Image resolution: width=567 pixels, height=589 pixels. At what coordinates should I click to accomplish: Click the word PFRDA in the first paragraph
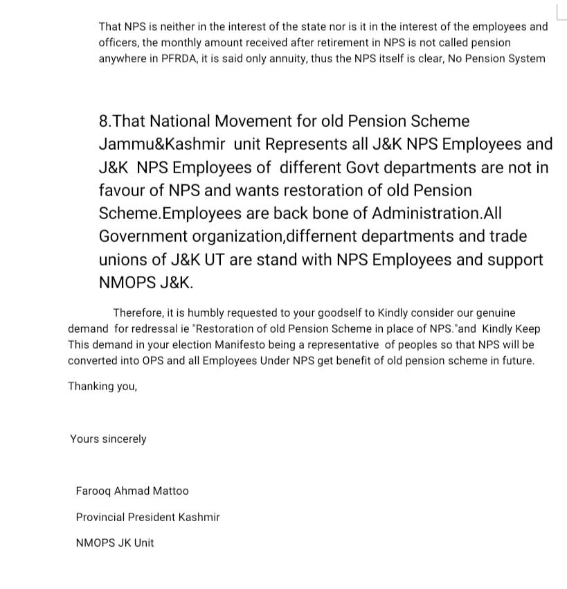(x=177, y=58)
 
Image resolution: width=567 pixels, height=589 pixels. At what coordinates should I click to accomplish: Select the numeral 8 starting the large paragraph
(x=104, y=121)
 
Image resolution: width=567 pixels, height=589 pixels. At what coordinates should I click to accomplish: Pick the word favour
(x=122, y=190)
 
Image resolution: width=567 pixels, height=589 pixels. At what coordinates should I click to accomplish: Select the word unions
(x=122, y=259)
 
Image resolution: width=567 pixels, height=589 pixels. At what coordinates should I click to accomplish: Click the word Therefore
(x=137, y=313)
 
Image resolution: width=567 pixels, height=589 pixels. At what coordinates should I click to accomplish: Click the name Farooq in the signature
(x=93, y=491)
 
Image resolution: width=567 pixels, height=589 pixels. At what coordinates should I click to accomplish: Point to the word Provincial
(x=100, y=517)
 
